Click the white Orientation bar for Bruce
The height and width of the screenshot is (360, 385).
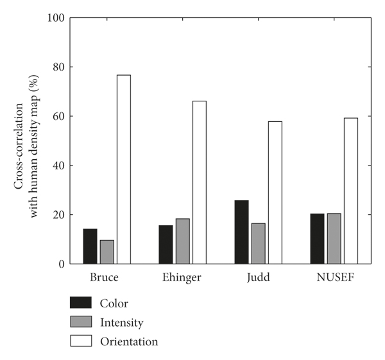click(x=124, y=169)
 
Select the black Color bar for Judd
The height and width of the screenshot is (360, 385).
click(x=241, y=232)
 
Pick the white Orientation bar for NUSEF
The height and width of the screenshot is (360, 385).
click(x=350, y=191)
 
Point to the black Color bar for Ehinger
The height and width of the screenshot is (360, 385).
click(x=166, y=244)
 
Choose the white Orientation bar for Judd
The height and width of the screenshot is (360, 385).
click(x=275, y=193)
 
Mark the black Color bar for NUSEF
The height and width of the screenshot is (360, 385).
click(x=317, y=239)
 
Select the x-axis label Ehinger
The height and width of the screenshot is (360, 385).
click(x=182, y=280)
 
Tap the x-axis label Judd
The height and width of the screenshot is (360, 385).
click(x=257, y=280)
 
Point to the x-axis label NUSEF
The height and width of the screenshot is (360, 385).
click(x=334, y=280)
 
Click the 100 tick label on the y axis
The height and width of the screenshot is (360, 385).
click(x=56, y=17)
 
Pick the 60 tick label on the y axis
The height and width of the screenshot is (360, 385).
click(x=58, y=116)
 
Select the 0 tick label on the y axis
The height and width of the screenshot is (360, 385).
click(x=60, y=264)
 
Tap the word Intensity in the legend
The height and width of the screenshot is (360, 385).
click(x=121, y=322)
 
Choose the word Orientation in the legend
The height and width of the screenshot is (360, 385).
click(x=128, y=341)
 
